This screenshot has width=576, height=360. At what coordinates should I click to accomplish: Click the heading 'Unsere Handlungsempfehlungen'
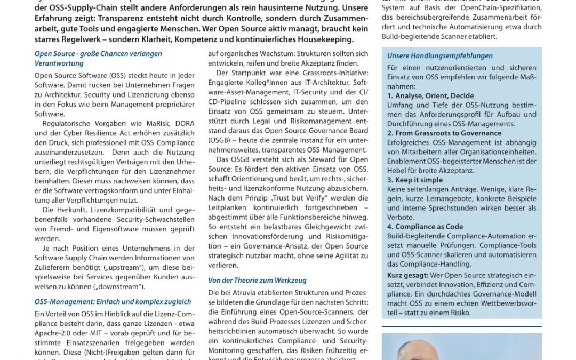tap(440, 55)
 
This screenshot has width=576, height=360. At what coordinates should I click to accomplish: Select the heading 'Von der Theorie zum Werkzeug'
tap(257, 280)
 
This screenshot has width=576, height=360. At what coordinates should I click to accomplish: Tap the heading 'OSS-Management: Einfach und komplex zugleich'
tap(113, 302)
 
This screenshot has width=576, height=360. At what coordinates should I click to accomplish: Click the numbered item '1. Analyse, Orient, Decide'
tap(430, 95)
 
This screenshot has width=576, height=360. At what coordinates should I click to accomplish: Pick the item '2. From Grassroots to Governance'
tap(444, 133)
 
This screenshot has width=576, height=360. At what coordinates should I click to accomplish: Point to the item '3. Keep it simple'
tap(415, 180)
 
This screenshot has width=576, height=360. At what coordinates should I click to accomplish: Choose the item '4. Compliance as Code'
tap(425, 227)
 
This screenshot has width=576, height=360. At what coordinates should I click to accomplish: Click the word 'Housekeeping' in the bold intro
tap(325, 39)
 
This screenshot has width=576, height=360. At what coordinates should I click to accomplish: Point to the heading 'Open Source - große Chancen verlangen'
tap(98, 54)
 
